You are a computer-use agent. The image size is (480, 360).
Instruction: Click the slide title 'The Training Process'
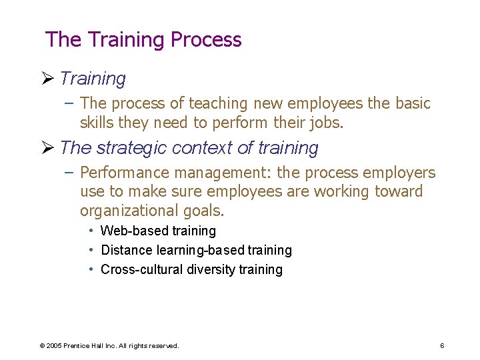click(143, 39)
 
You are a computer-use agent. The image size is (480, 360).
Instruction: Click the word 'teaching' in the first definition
click(217, 103)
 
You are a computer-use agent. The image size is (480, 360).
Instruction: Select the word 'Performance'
click(124, 173)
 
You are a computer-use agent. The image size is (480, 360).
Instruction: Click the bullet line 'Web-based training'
click(158, 231)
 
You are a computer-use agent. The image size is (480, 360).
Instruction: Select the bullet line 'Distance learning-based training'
click(196, 250)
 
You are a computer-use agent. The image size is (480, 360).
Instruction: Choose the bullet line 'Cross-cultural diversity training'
click(191, 269)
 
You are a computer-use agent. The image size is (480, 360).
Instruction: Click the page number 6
click(442, 345)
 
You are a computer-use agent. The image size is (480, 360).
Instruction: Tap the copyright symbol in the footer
click(42, 345)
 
